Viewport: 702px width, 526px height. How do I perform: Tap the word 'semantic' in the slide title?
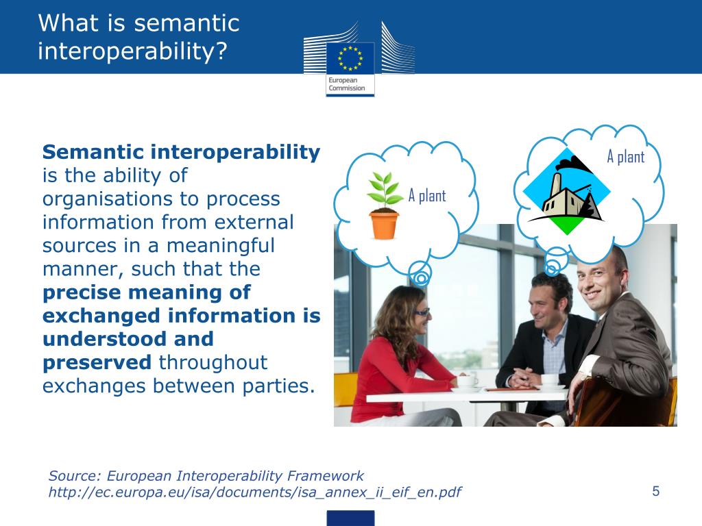186,23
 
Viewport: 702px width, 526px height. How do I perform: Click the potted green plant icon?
384,205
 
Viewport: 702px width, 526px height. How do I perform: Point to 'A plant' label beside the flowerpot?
427,196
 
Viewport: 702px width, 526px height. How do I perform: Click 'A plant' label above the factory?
625,157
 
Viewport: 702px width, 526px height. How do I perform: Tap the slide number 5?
655,490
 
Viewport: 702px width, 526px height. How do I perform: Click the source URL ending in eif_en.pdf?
254,492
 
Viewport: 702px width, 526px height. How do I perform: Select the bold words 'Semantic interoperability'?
181,152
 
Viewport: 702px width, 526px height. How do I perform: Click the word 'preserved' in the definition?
97,362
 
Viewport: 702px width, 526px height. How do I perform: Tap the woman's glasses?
420,312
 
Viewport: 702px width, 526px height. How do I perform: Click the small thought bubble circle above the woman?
420,277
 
